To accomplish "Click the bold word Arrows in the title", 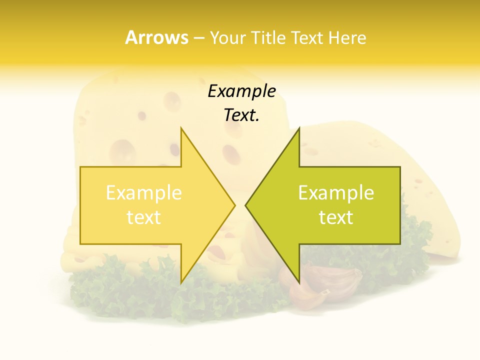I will coord(156,37).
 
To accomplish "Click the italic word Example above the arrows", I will coord(241,91).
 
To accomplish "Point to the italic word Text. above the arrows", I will coord(241,115).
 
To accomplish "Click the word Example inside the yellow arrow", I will coord(143,192).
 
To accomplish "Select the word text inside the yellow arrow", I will coord(143,217).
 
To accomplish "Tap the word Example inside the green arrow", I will coord(336,192).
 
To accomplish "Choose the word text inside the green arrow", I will coord(336,217).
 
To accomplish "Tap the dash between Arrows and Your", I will coord(198,38).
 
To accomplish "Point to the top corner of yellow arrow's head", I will coord(181,129).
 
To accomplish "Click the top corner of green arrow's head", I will coord(299,128).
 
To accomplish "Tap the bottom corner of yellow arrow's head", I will coord(181,282).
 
